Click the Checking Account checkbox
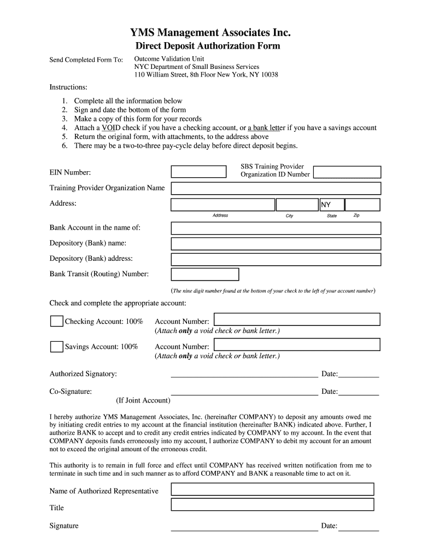point(56,321)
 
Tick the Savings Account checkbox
point(56,346)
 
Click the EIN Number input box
point(198,172)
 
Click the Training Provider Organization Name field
point(276,189)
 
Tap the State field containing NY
point(332,205)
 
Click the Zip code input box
point(363,205)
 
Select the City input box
point(297,205)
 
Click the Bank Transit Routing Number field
point(205,274)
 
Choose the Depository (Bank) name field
point(276,243)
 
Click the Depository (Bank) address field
point(276,259)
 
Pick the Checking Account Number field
point(297,319)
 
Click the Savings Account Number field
point(297,345)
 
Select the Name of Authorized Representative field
point(272,489)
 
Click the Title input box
point(272,505)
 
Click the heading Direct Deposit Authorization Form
point(208,46)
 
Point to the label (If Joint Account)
point(143,400)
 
